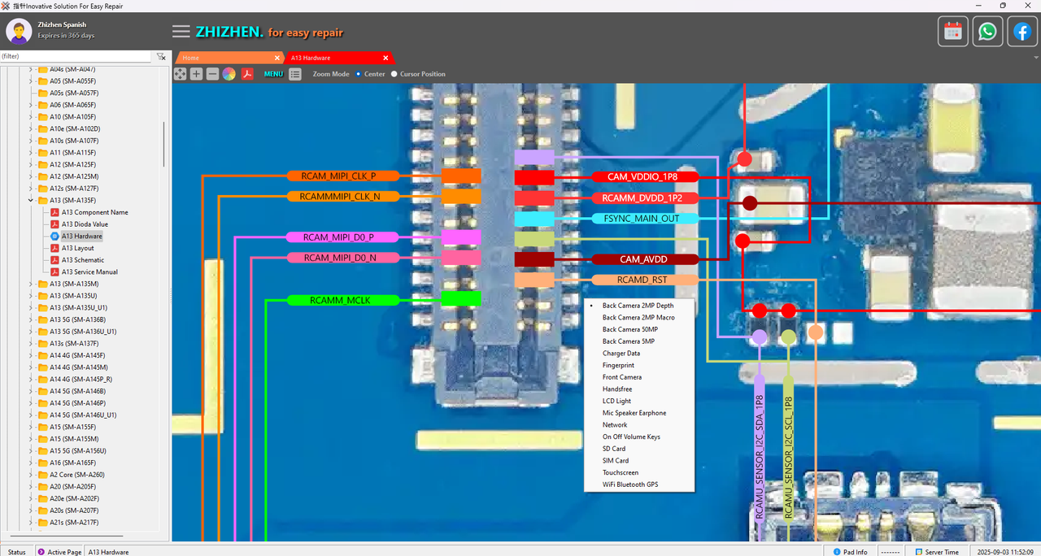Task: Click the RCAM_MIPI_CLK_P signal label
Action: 342,176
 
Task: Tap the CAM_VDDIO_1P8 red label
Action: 642,177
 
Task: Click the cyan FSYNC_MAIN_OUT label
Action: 642,219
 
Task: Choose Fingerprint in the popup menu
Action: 618,366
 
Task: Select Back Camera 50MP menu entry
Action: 629,330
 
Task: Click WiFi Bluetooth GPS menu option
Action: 630,484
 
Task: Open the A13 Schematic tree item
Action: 83,260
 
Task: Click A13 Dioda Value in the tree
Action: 85,224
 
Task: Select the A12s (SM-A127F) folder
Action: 73,189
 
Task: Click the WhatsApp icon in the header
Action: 987,32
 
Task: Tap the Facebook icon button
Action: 1021,32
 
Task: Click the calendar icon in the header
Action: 953,32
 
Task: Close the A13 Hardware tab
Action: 385,59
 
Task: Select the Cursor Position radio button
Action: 394,74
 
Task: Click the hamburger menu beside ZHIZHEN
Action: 181,32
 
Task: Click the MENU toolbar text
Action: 273,74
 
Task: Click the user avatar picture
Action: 19,31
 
